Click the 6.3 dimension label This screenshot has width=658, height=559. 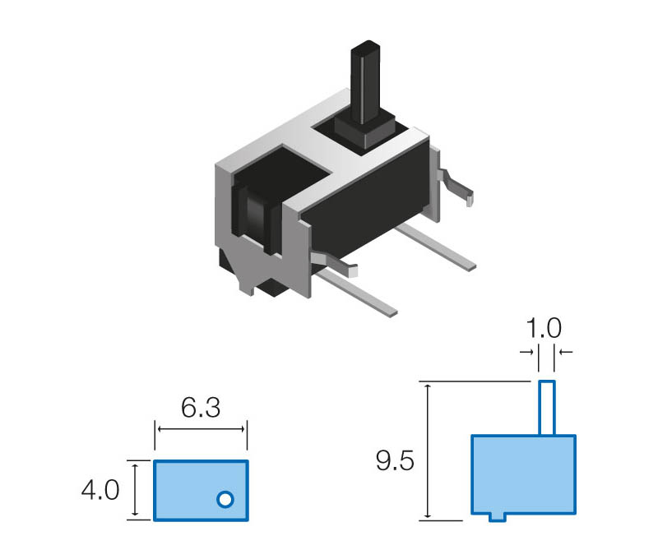coord(200,409)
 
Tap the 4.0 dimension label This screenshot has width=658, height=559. coord(100,491)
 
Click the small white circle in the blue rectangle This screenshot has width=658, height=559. coord(225,498)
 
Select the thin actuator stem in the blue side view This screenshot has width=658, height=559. coord(547,408)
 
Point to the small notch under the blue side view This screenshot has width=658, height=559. coord(496,516)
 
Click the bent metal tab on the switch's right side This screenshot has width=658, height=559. coord(456,185)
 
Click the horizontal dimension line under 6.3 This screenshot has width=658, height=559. coord(201,429)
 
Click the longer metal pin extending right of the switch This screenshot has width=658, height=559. coord(436,247)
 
